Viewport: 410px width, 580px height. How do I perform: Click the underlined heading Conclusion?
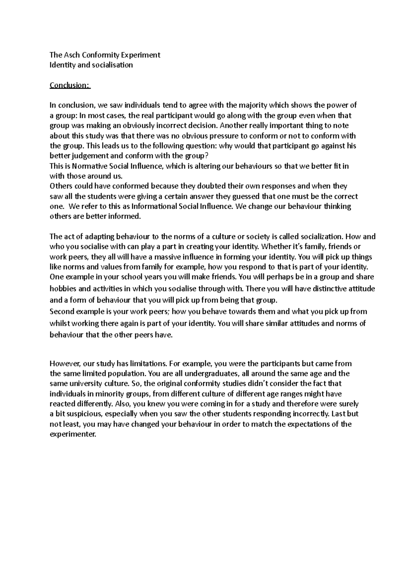pos(70,85)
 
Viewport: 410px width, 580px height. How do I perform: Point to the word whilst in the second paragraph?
pos(59,323)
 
